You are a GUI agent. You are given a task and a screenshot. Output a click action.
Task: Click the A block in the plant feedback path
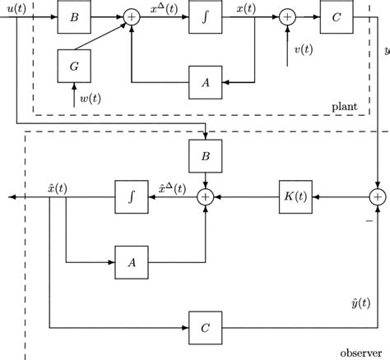[x=206, y=81]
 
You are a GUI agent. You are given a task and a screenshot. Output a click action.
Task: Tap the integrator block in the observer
[x=130, y=197]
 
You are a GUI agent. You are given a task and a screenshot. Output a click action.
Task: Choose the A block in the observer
[x=130, y=263]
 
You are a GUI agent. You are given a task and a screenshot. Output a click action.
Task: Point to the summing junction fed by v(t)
[x=287, y=16]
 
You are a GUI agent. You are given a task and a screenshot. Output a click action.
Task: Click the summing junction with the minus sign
[x=378, y=197]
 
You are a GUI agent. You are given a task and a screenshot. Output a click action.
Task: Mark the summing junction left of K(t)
[x=205, y=197]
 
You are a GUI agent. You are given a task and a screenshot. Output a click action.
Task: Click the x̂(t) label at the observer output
[x=58, y=187]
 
